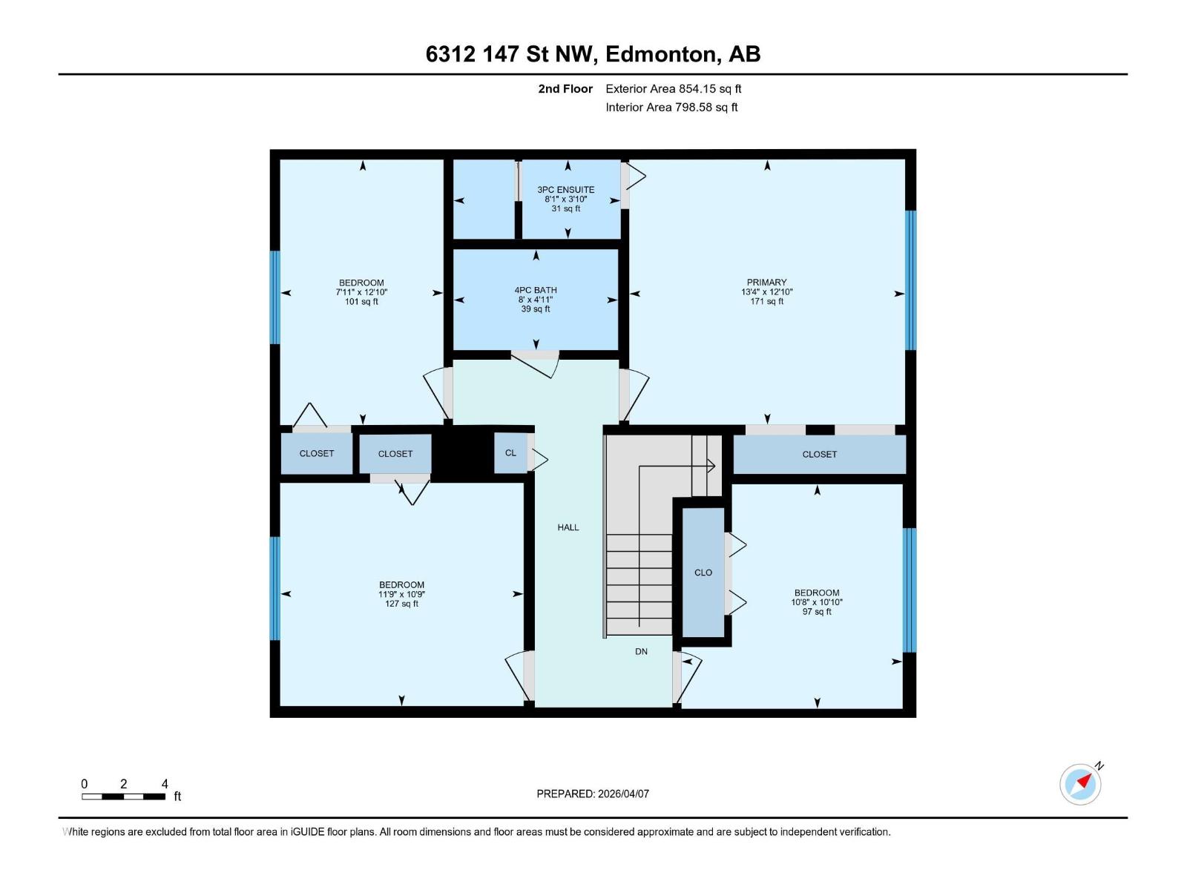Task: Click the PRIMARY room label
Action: point(766,283)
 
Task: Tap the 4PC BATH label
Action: point(536,291)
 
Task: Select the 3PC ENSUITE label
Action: point(566,190)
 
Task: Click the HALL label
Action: point(568,527)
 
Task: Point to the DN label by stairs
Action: point(641,652)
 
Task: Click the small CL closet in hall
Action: point(510,453)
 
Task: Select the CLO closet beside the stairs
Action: point(703,573)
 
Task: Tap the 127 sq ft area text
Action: point(401,604)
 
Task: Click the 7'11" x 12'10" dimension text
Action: point(361,292)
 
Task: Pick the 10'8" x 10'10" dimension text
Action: point(817,602)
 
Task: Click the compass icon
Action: point(1080,784)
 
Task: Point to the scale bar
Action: point(123,797)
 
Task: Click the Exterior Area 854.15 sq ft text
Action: point(674,89)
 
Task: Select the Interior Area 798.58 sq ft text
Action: point(671,108)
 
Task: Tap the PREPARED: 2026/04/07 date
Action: point(593,794)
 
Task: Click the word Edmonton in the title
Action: point(661,54)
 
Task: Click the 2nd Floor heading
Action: point(565,89)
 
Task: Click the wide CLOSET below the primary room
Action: point(819,455)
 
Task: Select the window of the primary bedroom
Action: point(910,280)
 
